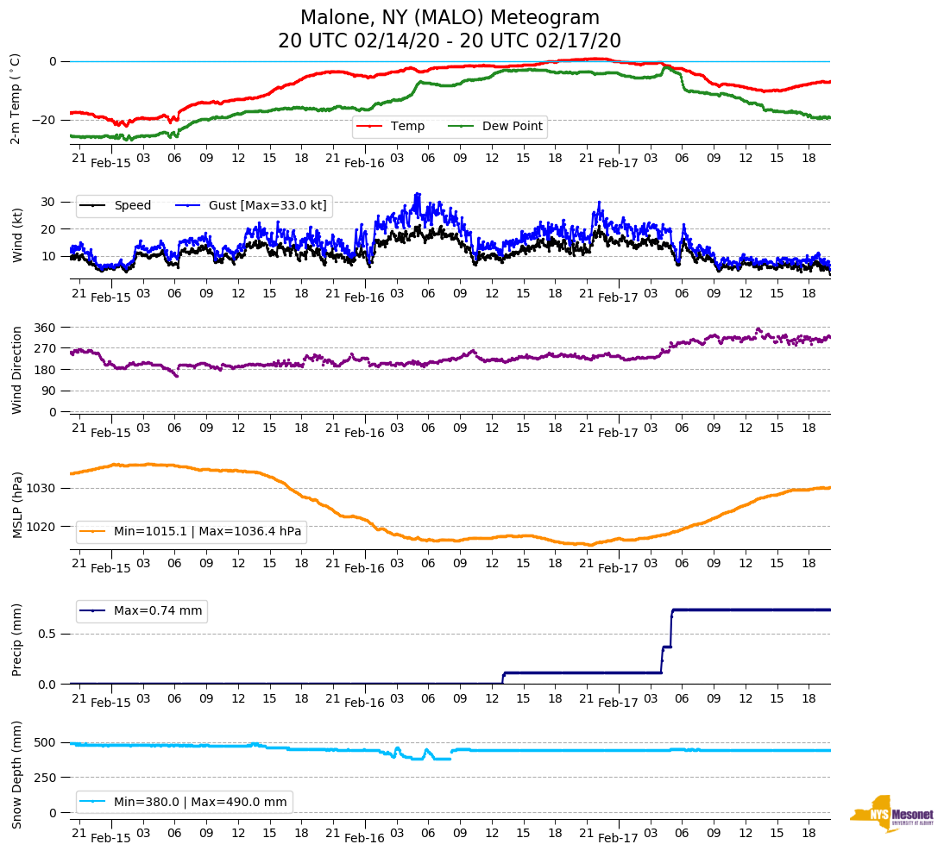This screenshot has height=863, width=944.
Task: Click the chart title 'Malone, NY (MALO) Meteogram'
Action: [450, 18]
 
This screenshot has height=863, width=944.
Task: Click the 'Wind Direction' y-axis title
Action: [17, 369]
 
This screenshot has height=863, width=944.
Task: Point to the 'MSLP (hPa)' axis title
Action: [17, 504]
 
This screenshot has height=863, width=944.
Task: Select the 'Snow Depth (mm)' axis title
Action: [17, 777]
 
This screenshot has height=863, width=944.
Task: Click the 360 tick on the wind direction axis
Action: [46, 328]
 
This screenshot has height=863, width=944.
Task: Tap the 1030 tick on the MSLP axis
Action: [42, 488]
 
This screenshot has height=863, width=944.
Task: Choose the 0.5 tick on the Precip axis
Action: [48, 634]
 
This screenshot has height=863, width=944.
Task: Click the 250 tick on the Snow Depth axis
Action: [46, 778]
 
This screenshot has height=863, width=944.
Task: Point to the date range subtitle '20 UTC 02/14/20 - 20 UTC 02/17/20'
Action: [450, 41]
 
